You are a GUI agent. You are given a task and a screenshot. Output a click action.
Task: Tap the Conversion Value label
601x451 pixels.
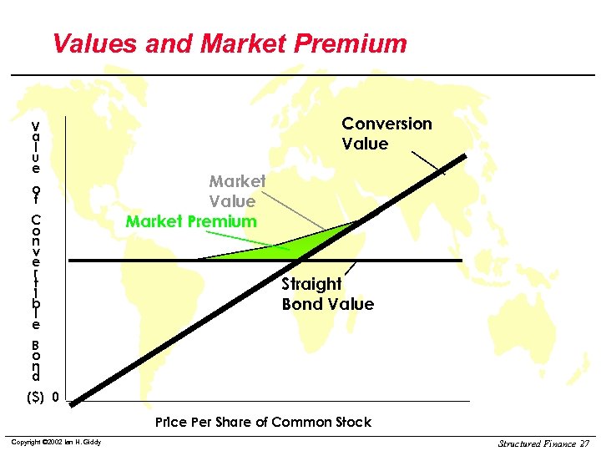[386, 134]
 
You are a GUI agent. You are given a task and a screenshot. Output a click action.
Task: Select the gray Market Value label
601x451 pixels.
[237, 190]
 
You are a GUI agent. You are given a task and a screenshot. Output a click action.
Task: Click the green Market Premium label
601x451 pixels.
[191, 221]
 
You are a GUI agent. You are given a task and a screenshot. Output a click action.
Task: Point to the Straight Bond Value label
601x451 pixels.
[327, 294]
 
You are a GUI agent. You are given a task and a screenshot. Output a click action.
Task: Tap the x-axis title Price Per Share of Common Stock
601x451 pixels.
[263, 423]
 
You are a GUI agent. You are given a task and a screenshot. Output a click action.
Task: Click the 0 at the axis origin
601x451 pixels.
[55, 396]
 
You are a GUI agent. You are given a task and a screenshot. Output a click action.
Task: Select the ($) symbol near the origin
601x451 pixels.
[35, 396]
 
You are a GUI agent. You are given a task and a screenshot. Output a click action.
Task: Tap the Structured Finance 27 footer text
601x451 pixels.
[543, 442]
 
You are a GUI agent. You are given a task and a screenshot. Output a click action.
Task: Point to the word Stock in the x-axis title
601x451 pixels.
[354, 423]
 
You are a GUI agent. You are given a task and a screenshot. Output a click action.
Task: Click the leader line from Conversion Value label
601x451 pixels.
[428, 163]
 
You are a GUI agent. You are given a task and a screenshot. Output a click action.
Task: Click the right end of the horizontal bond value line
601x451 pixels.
[460, 261]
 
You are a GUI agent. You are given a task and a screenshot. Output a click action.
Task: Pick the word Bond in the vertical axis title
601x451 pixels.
[36, 359]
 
